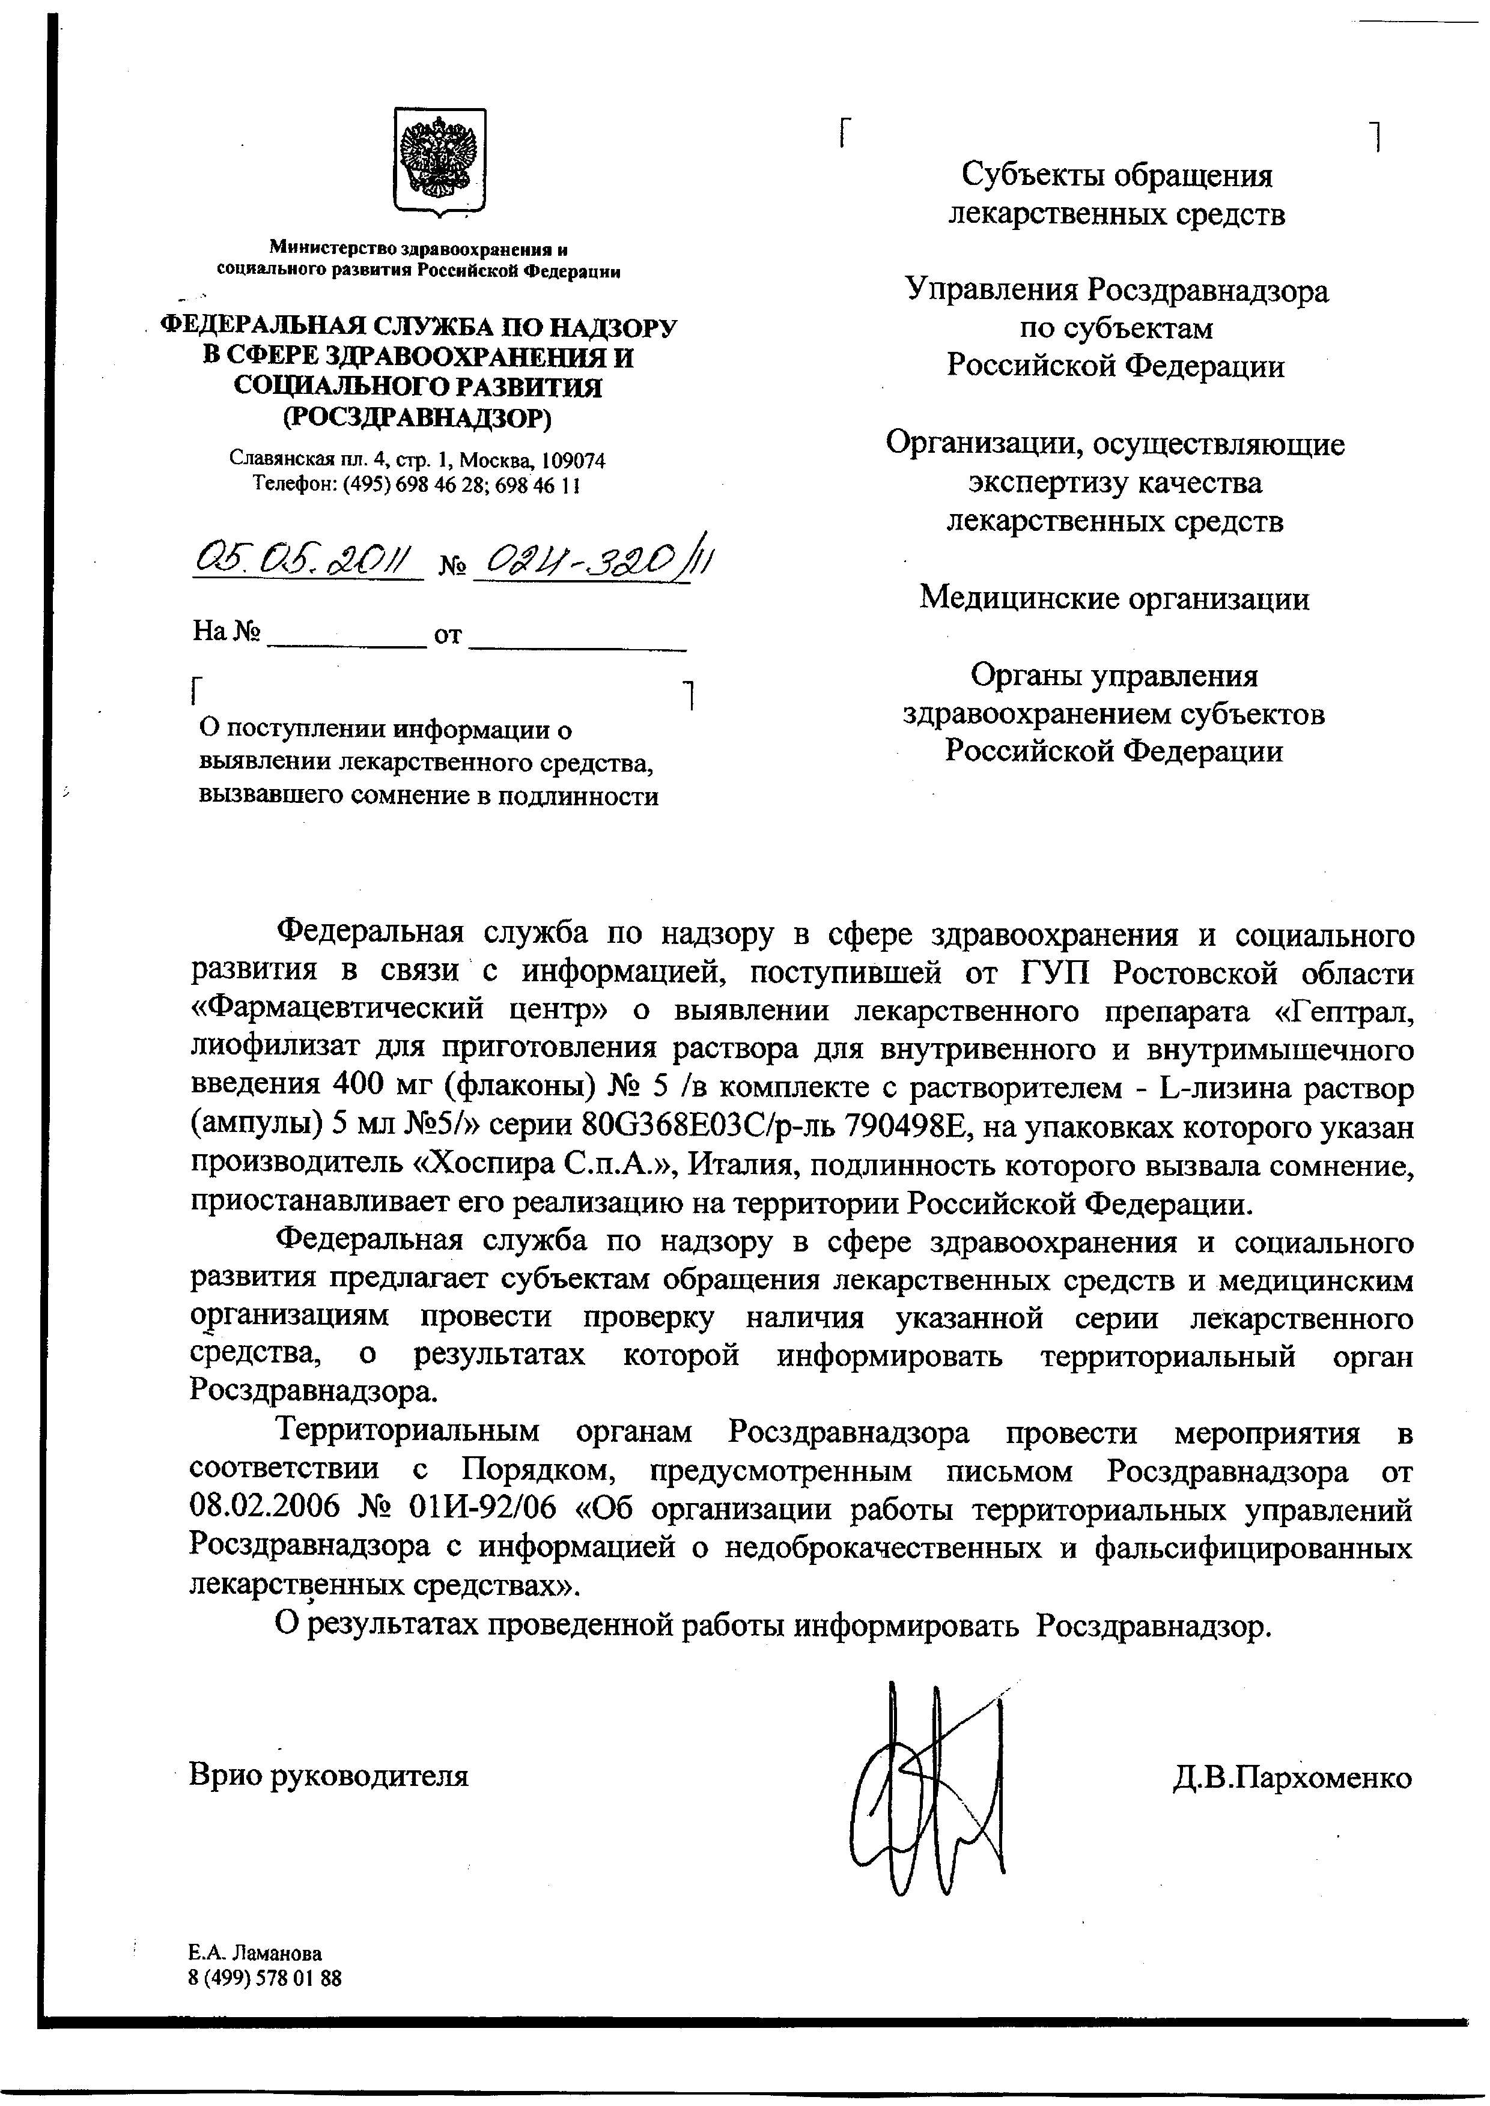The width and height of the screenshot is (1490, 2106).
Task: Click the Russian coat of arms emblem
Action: click(439, 162)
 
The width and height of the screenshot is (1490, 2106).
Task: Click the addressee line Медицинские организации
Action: click(1114, 599)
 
